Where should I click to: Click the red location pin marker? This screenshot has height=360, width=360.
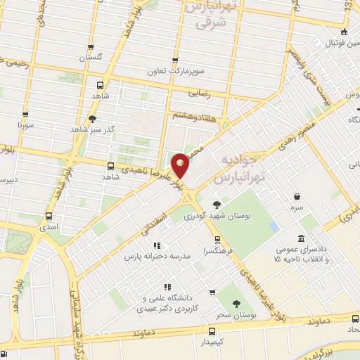pyautogui.click(x=181, y=164)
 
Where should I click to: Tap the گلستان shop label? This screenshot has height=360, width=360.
pyautogui.click(x=89, y=56)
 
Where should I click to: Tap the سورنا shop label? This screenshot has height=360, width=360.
pyautogui.click(x=26, y=131)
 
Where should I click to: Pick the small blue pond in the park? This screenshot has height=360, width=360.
pyautogui.click(x=274, y=226)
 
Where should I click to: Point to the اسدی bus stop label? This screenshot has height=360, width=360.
pyautogui.click(x=49, y=229)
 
